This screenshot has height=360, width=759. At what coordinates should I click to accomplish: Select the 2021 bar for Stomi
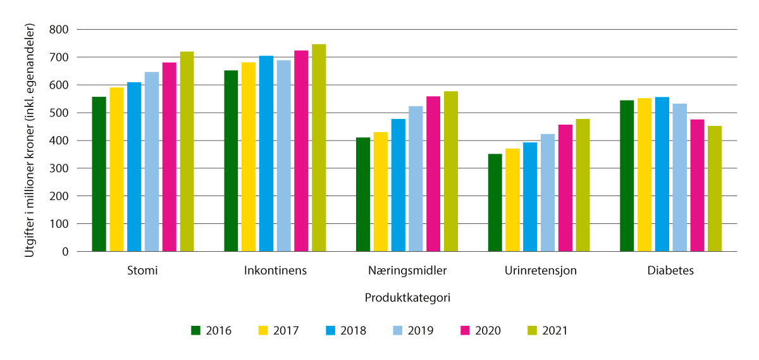pyautogui.click(x=187, y=151)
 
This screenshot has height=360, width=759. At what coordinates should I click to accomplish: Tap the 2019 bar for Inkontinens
pyautogui.click(x=283, y=156)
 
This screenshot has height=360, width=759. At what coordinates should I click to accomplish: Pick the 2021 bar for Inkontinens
pyautogui.click(x=319, y=147)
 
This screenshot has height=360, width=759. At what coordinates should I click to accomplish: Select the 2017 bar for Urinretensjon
pyautogui.click(x=512, y=200)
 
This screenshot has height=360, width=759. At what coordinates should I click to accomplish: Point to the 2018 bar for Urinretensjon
pyautogui.click(x=530, y=197)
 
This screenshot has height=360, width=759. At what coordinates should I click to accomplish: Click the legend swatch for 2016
pyautogui.click(x=196, y=330)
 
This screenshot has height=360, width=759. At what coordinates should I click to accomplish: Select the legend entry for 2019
pyautogui.click(x=411, y=330)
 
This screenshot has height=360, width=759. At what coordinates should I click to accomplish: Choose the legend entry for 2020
pyautogui.click(x=478, y=330)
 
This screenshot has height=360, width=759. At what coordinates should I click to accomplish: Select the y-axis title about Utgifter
pyautogui.click(x=28, y=140)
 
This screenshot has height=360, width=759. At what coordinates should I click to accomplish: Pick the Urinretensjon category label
pyautogui.click(x=540, y=271)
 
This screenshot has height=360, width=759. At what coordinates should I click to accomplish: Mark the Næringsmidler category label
pyautogui.click(x=407, y=271)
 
